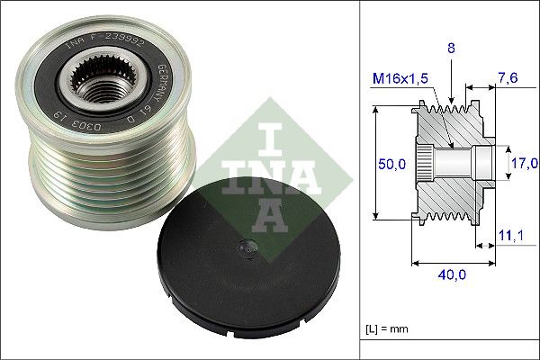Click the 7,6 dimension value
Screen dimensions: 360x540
click(x=508, y=80)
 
